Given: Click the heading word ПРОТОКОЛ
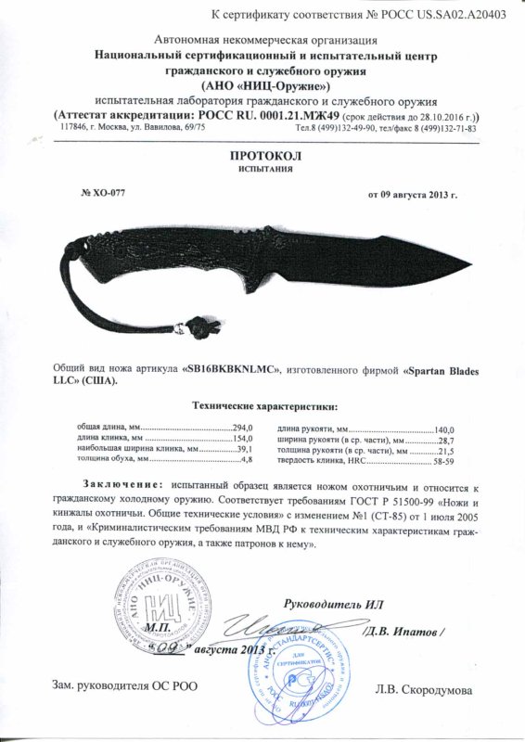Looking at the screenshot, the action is [x=262, y=157].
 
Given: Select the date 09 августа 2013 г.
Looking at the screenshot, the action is [x=414, y=194].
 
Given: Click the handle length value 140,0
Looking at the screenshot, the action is [x=446, y=427].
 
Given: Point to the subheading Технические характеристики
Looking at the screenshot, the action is [x=263, y=407].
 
